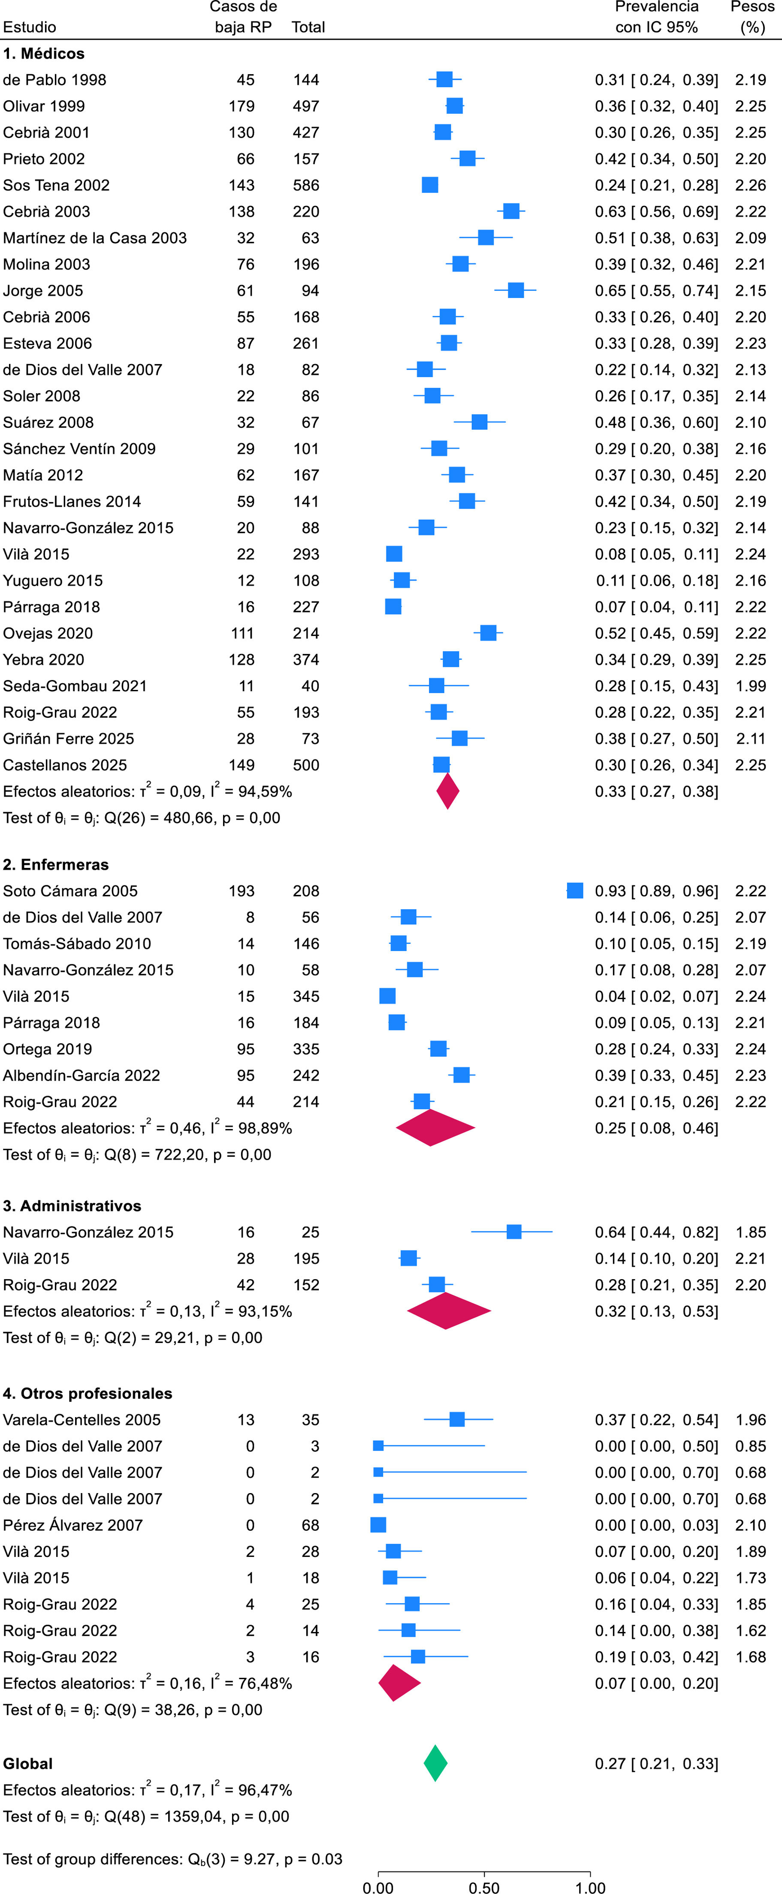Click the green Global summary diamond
click(x=435, y=1763)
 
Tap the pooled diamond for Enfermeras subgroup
click(x=435, y=1127)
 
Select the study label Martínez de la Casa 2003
click(x=95, y=238)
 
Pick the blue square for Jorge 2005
click(x=516, y=290)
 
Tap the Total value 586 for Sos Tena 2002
click(x=306, y=185)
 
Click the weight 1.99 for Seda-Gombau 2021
click(x=750, y=686)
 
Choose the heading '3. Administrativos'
click(x=72, y=1206)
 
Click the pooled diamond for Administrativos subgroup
click(x=448, y=1311)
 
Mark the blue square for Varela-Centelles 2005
click(x=457, y=1419)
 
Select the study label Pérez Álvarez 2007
click(x=73, y=1525)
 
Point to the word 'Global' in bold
click(x=28, y=1763)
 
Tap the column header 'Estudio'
click(x=30, y=27)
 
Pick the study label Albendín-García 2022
click(x=82, y=1075)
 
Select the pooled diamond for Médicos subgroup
click(x=447, y=791)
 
